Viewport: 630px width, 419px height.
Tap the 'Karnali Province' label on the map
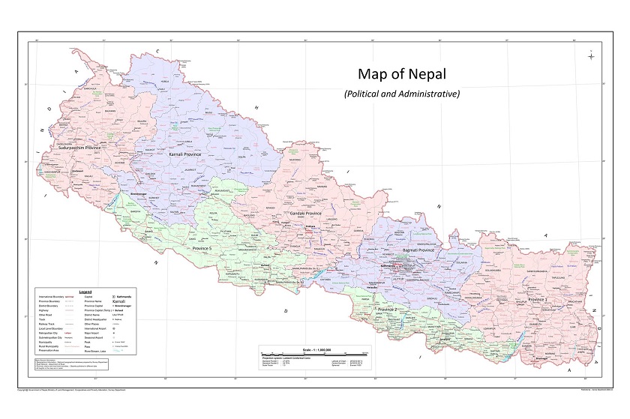coord(188,154)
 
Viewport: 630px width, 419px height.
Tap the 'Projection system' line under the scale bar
coord(296,358)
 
